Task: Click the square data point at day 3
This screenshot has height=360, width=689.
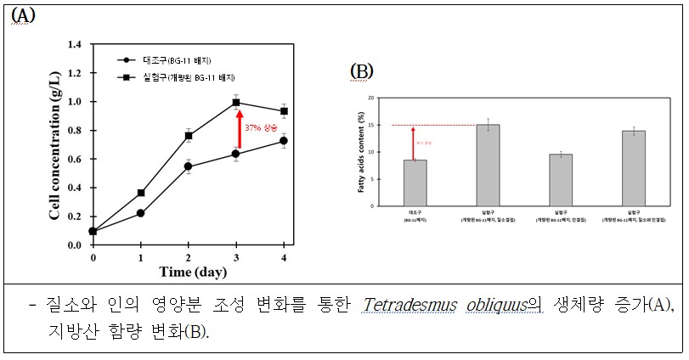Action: [x=237, y=103]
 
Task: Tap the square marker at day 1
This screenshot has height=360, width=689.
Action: [x=140, y=193]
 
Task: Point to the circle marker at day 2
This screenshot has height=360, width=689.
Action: [x=189, y=166]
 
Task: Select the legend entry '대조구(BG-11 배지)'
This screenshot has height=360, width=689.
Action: [x=165, y=60]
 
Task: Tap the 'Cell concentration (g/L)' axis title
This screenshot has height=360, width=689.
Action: [x=54, y=144]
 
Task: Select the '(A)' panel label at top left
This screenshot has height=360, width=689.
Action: [x=22, y=16]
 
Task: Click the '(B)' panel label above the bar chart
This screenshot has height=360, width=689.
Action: [x=362, y=70]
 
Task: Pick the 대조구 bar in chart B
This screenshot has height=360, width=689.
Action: [x=414, y=182]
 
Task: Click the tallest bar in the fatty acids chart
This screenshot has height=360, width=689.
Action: [x=488, y=165]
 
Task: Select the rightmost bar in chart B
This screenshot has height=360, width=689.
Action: [x=633, y=167]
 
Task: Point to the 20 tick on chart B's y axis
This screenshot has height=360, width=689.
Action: [x=370, y=98]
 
